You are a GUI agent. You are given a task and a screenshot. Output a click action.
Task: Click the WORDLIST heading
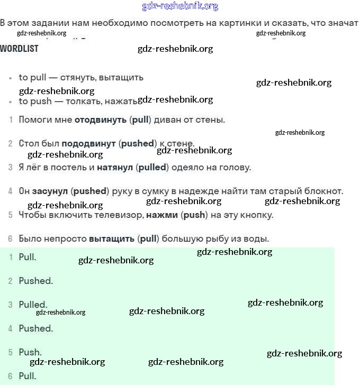tap(19, 49)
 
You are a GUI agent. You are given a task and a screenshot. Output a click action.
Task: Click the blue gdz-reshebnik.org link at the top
tap(180, 6)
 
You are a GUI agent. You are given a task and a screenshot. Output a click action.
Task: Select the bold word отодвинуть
tap(101, 120)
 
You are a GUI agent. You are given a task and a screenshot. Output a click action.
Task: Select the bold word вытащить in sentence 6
tap(112, 239)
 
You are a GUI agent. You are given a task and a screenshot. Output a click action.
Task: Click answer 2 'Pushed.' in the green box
tap(35, 281)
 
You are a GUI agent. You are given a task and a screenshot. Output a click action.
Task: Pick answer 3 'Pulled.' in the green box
tap(33, 305)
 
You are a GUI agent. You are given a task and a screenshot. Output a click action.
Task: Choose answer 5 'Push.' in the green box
tap(30, 352)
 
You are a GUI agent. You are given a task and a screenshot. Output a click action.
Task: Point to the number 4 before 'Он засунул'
tap(10, 191)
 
